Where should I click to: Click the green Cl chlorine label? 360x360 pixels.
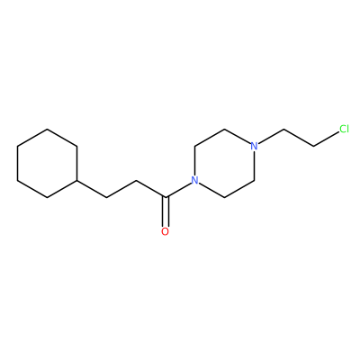point(344,129)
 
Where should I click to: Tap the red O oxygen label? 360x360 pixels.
point(165,231)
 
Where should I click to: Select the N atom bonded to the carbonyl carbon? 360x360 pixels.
point(195,180)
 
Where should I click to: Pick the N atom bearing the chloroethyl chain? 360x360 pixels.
point(254,146)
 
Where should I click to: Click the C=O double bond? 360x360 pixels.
point(165,211)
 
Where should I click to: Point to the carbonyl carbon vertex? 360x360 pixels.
point(166,197)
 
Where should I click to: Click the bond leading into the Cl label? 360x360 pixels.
point(326,139)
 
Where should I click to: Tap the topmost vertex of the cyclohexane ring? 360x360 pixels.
point(47,130)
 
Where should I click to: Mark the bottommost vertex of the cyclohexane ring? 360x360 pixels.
point(47,197)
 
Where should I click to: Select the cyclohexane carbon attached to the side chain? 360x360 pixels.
point(77,180)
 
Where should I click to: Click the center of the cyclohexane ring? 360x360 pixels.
point(47,163)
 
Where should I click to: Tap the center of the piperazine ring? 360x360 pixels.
point(224,163)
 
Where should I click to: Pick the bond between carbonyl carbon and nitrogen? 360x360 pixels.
point(178,190)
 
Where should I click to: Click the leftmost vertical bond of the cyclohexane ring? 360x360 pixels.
point(18,163)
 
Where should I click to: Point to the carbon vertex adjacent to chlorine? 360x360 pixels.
point(313,146)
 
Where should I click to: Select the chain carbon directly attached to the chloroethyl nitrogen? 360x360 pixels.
point(283,130)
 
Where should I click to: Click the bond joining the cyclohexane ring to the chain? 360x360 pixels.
point(92,189)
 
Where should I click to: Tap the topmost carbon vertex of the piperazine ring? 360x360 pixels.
point(224,130)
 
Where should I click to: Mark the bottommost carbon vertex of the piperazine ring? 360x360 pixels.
point(224,197)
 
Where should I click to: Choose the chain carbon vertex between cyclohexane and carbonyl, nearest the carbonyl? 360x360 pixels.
point(137,180)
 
